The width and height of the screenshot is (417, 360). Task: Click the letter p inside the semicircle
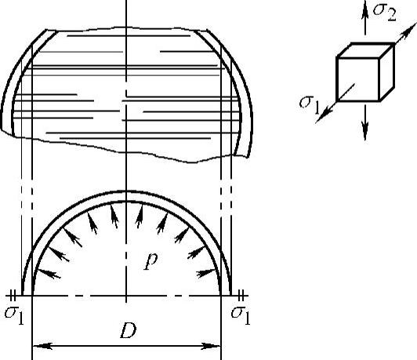pos(150,261)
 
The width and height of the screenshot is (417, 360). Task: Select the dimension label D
pos(129,330)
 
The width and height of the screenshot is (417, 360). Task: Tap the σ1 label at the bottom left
pos(14,315)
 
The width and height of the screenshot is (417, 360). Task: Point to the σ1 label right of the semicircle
pos(241,315)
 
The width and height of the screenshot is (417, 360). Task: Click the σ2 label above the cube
pos(385,12)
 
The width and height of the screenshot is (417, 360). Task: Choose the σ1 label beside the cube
pos(309,105)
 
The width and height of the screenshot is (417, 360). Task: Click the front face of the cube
pos(358,79)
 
